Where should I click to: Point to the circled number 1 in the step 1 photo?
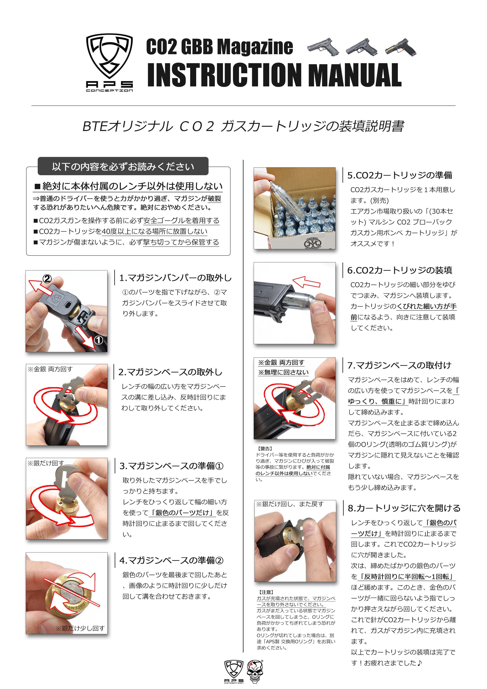point(99,340)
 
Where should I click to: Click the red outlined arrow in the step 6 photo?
point(306,282)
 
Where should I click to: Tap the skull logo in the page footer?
point(255,672)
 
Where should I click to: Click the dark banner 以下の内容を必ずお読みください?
point(123,166)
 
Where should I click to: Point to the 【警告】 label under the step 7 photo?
point(265,449)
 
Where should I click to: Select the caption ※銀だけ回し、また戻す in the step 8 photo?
point(290,504)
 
